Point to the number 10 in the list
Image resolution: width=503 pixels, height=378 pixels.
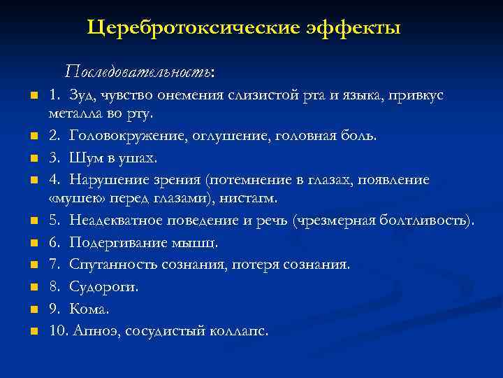pyautogui.click(x=57, y=330)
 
